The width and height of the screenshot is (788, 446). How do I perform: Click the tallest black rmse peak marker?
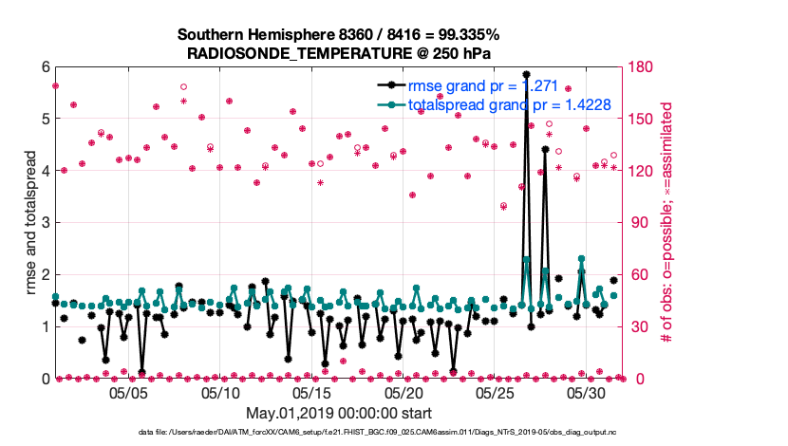pos(526,74)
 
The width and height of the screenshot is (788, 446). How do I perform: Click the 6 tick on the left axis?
pos(45,67)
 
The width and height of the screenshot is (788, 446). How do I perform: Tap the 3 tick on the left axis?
pos(45,223)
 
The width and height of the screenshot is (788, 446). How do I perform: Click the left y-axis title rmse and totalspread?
pos(30,222)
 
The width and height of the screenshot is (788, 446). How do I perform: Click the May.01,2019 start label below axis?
pos(339,413)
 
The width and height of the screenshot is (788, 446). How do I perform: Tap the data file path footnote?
pos(339,433)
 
